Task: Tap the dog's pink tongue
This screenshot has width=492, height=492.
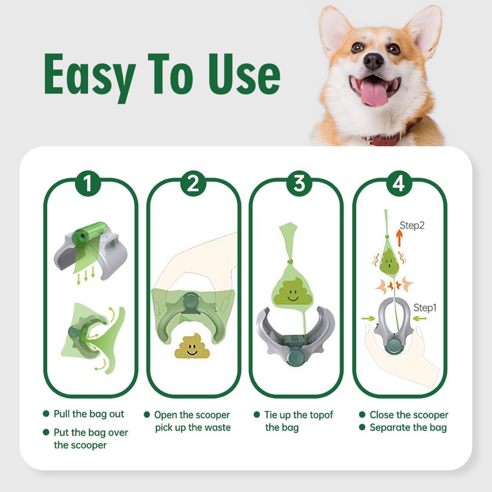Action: pos(374,94)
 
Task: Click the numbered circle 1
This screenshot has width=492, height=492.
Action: pos(88,183)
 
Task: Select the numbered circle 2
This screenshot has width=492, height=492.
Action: pos(193,183)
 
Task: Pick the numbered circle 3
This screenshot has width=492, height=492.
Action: pos(299,183)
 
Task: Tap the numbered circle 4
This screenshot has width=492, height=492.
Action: pos(399,183)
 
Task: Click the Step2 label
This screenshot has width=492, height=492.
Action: pos(412,225)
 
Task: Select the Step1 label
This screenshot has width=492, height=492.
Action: pos(425,308)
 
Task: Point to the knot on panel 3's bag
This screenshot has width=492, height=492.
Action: pos(290,262)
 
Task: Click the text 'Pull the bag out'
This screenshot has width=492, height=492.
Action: pos(89,414)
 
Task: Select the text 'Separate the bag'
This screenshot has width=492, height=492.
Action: pos(408,428)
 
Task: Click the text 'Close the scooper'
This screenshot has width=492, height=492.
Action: pos(409,415)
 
